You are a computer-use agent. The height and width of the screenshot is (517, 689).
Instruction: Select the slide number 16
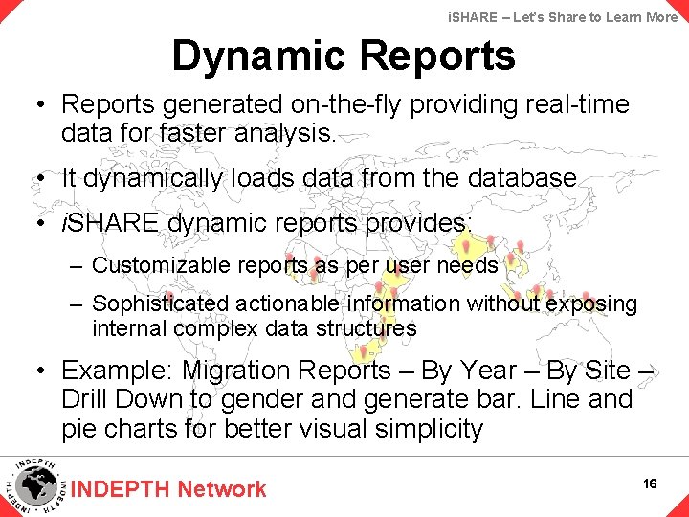[651, 483]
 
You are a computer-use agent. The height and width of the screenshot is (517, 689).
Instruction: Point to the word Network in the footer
[221, 489]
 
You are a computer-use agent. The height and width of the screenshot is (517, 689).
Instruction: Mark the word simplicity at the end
[425, 428]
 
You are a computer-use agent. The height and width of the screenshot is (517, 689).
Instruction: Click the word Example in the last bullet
[114, 371]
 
